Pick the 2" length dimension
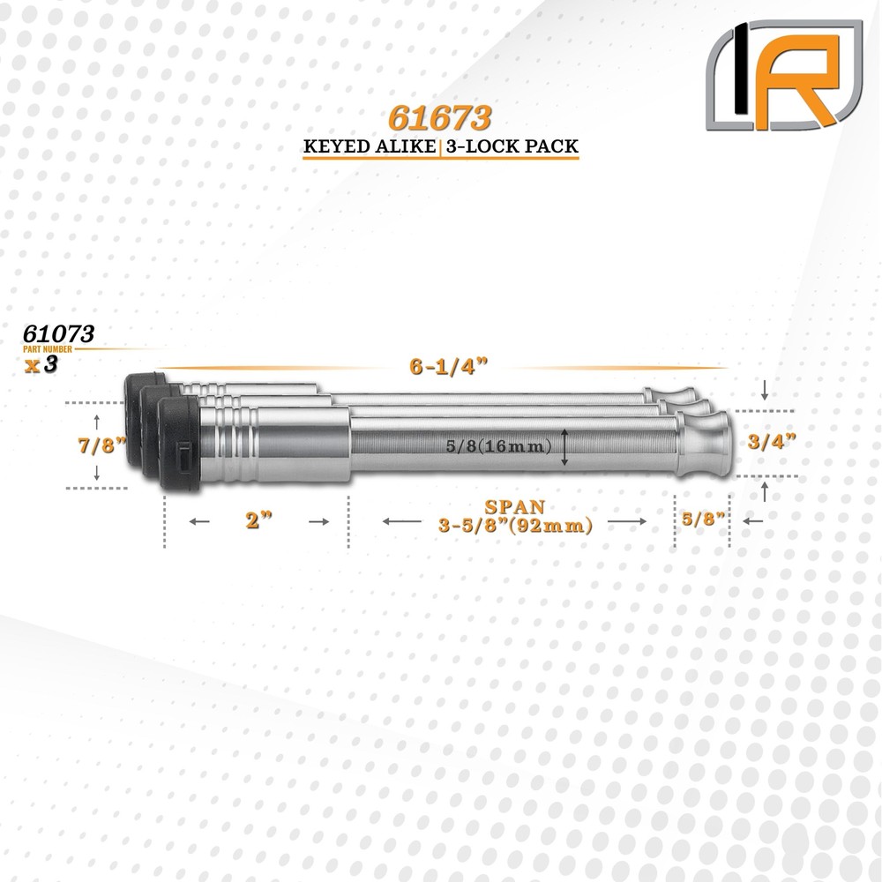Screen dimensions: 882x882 [256, 522]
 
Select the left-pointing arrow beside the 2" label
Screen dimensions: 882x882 [200, 522]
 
